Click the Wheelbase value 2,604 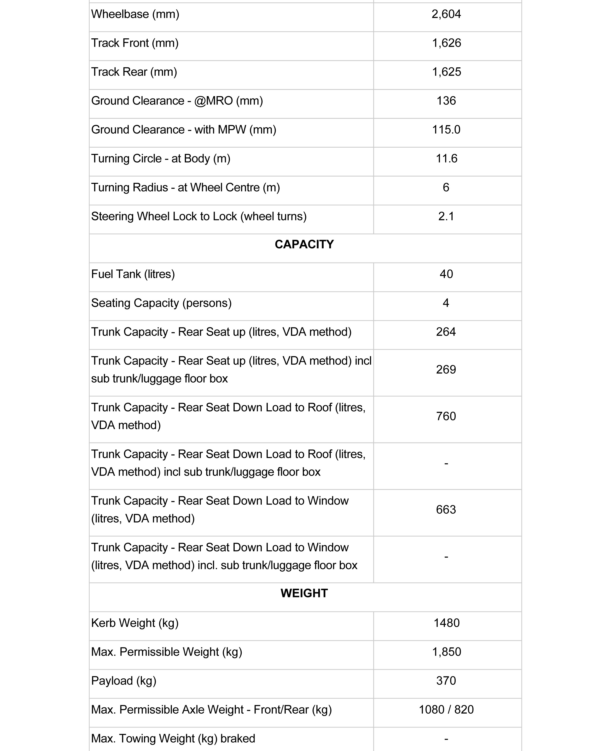446,14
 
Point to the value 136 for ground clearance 446,101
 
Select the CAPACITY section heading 304,245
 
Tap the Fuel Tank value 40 446,274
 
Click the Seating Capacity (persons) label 161,303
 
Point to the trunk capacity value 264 446,332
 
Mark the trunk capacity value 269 446,370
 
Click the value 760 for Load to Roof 446,416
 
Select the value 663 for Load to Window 446,510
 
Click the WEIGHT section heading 304,593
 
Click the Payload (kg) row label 123,681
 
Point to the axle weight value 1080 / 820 446,710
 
